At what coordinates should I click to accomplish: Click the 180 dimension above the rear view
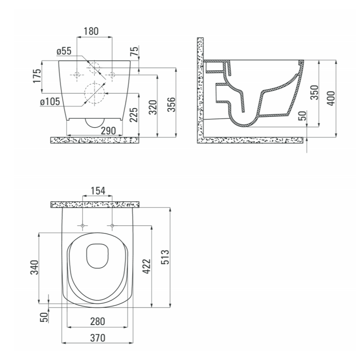[x=91, y=31]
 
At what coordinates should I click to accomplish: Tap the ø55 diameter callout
[x=64, y=51]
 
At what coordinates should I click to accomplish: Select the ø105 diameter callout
[x=50, y=102]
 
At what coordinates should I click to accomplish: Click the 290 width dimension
[x=108, y=131]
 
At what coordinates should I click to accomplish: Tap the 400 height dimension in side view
[x=331, y=98]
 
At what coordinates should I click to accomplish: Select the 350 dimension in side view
[x=314, y=93]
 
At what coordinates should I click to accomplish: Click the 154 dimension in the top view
[x=98, y=191]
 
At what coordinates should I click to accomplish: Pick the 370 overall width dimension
[x=98, y=338]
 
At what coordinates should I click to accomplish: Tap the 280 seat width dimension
[x=98, y=321]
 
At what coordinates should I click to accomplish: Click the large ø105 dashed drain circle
[x=94, y=93]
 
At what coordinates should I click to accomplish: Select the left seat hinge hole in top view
[x=83, y=226]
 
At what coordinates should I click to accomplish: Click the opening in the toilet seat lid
[x=97, y=256]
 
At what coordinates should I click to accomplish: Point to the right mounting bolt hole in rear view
[x=112, y=75]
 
